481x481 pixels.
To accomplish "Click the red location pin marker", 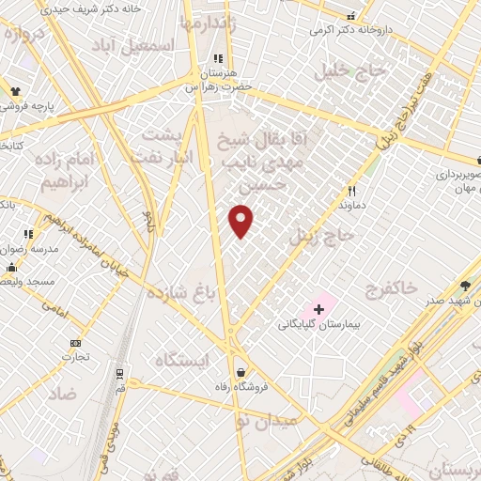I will click(241, 220).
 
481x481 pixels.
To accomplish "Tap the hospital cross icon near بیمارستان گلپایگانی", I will click(318, 308).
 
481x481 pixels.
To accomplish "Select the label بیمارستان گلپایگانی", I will click(319, 324).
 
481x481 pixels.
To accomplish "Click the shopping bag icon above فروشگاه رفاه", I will click(241, 371).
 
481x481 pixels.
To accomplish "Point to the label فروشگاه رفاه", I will click(241, 386).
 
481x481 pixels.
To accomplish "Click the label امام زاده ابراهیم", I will click(70, 169).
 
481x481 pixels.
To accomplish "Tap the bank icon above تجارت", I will click(76, 343).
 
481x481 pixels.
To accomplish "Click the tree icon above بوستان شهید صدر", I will click(467, 287).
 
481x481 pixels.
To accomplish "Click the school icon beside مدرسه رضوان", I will click(28, 233).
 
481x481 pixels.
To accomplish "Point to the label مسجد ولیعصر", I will click(28, 281).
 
